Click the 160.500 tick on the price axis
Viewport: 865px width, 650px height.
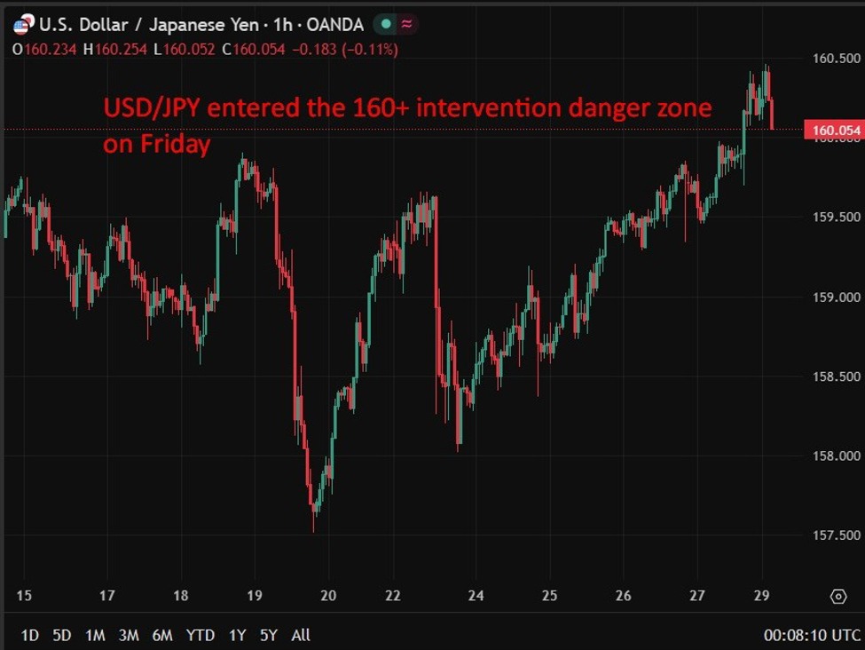click(837, 59)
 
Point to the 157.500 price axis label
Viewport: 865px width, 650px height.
click(837, 535)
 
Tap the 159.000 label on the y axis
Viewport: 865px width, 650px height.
click(837, 297)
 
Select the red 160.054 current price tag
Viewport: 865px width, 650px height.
click(832, 131)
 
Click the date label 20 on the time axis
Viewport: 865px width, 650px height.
click(328, 595)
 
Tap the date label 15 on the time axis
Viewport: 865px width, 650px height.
click(24, 595)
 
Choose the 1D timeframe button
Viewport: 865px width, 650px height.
click(29, 635)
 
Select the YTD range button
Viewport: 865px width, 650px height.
click(201, 635)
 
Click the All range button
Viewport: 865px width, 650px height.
click(301, 635)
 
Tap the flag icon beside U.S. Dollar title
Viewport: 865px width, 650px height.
click(22, 25)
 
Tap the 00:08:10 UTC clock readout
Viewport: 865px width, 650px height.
click(812, 635)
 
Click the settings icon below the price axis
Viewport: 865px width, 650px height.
click(837, 596)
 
